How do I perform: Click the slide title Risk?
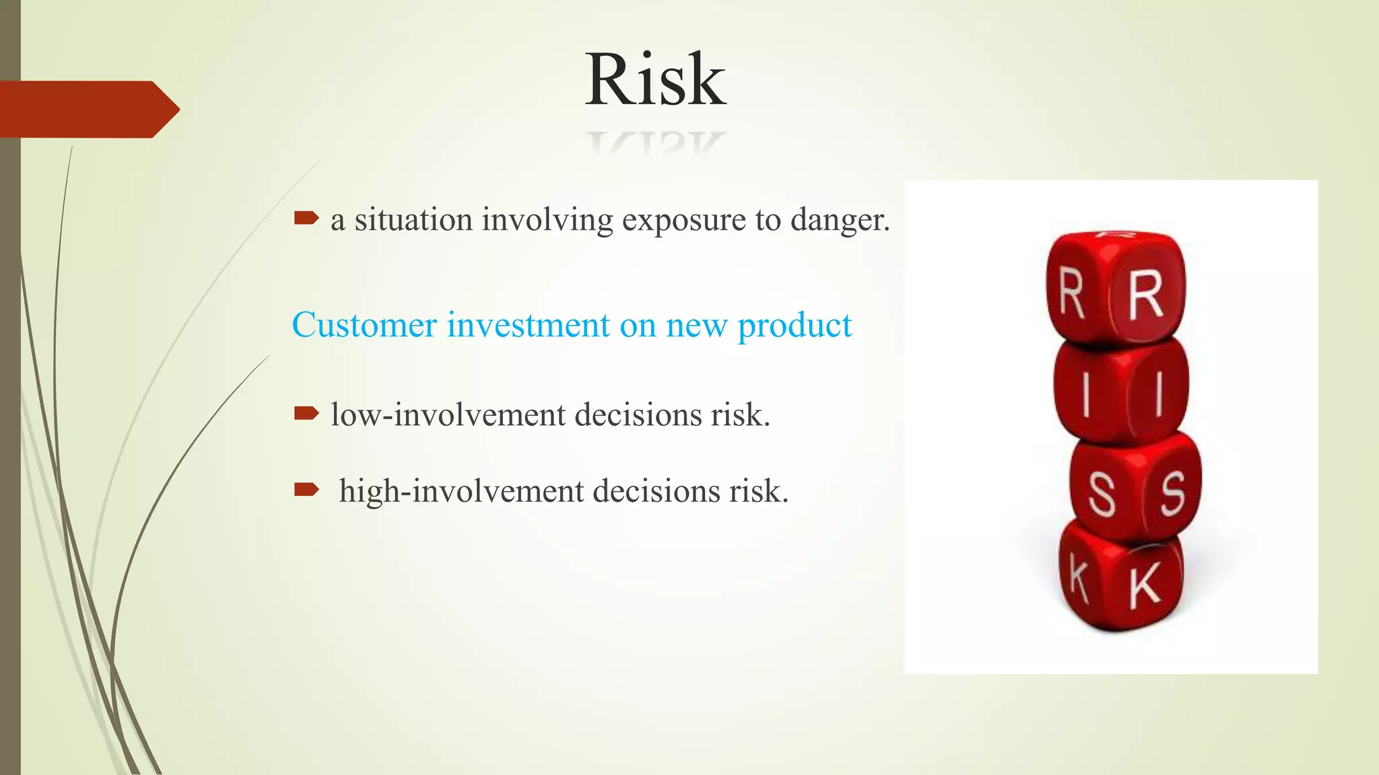655,80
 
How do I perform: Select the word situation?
413,220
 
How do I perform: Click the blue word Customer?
364,325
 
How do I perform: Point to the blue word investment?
529,325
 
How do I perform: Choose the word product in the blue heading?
795,326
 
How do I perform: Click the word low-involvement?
448,414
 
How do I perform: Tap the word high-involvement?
461,490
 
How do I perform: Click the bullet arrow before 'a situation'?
306,217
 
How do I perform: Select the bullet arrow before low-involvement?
306,412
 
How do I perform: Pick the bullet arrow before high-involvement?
306,489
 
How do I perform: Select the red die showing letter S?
1135,488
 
